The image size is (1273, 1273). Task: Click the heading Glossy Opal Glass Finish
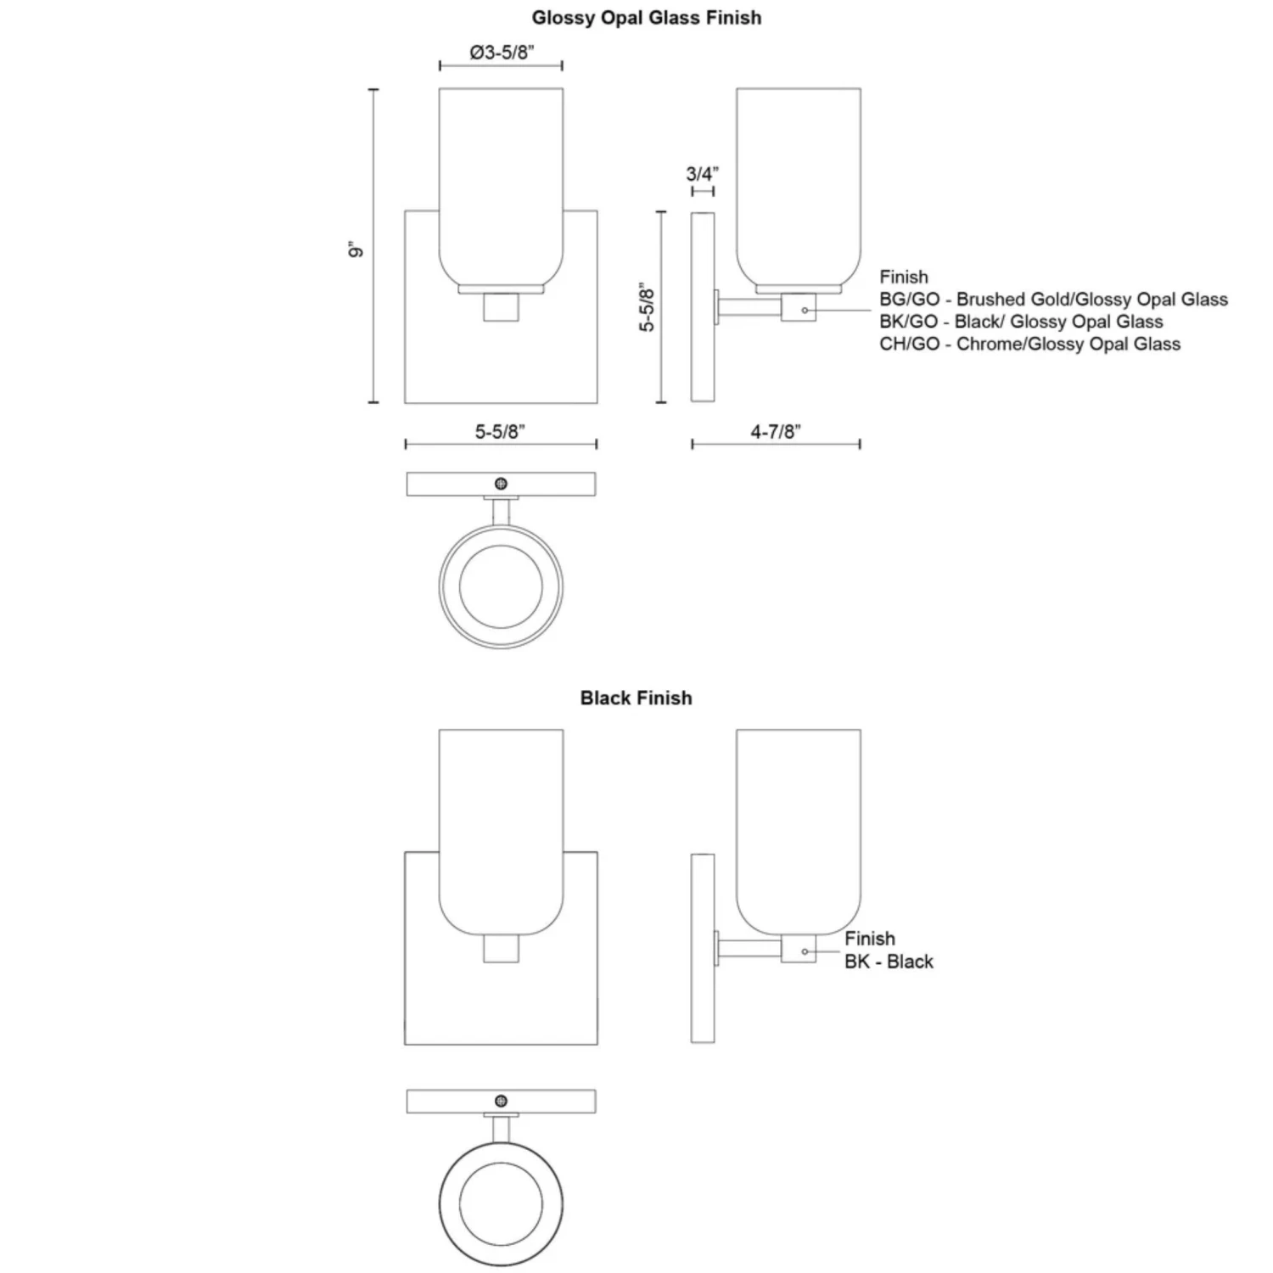coord(646,18)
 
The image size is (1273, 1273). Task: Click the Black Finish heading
coord(636,698)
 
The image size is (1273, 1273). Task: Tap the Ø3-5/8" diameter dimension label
coord(502,53)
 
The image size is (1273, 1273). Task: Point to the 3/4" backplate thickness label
coord(702,174)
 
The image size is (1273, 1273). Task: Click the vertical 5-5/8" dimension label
coord(648,307)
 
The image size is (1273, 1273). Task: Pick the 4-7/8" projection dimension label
coord(775,432)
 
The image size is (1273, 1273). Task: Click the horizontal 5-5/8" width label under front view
coord(500,432)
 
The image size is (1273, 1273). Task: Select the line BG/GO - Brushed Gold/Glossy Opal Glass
coord(1053,300)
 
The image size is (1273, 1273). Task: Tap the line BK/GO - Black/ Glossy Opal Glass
coord(1021,322)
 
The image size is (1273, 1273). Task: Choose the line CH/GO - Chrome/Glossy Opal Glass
coord(1029,344)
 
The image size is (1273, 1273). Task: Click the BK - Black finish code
coord(889,962)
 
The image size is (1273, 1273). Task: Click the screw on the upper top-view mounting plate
coord(501,484)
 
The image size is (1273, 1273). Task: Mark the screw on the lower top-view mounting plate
coord(501,1101)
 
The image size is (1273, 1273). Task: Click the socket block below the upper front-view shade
coord(501,307)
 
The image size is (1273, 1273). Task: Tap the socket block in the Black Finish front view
coord(501,949)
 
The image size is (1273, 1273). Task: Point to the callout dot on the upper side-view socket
coord(805,311)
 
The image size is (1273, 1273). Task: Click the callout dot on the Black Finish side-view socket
coord(805,951)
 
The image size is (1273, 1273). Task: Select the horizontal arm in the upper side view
coord(751,306)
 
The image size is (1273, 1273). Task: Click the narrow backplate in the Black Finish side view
coord(703,948)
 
